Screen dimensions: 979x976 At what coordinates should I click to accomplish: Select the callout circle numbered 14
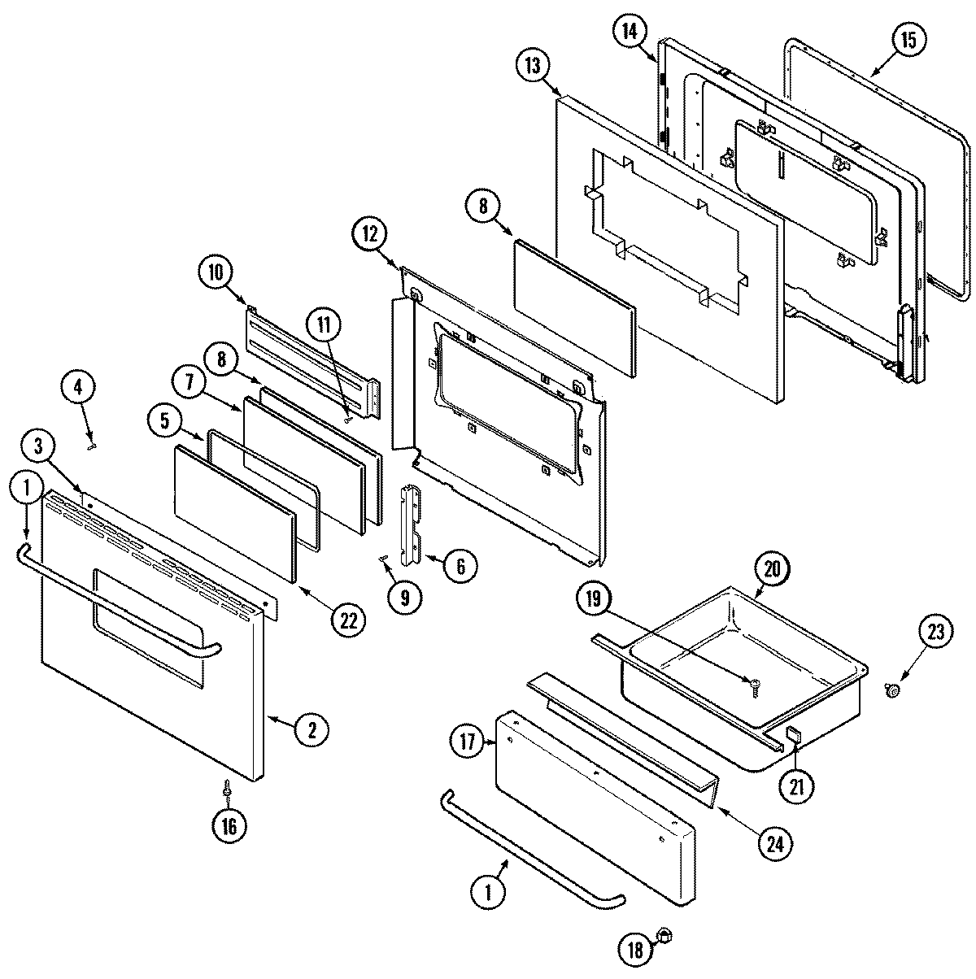(629, 33)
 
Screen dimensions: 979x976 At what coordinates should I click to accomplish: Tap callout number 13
(533, 67)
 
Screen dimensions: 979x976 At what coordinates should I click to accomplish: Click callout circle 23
(937, 632)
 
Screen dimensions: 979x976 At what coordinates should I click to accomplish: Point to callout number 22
(348, 620)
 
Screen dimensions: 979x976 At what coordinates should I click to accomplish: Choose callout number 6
(460, 564)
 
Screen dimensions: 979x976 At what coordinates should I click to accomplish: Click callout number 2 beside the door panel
(312, 729)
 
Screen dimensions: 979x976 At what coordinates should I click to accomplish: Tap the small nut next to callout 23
(891, 690)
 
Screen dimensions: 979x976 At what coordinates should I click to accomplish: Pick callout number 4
(78, 389)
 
